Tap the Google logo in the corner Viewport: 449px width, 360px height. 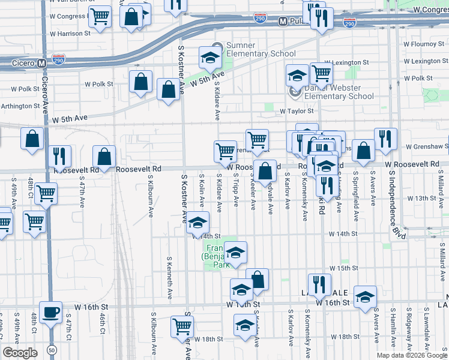pyautogui.click(x=20, y=352)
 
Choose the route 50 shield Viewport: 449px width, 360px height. pyautogui.click(x=53, y=349)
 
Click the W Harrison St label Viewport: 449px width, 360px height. pyautogui.click(x=70, y=34)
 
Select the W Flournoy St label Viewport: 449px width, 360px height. pyautogui.click(x=423, y=44)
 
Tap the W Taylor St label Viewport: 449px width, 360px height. pyautogui.click(x=297, y=112)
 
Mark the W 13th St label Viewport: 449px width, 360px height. pyautogui.click(x=420, y=198)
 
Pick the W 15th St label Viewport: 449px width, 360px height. pyautogui.click(x=343, y=268)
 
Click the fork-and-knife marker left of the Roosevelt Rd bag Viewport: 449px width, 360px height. pyautogui.click(x=59, y=156)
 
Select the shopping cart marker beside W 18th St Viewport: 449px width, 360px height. pyautogui.click(x=182, y=327)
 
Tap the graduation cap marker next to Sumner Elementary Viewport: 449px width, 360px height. pyautogui.click(x=211, y=58)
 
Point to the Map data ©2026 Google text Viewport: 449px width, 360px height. pyautogui.click(x=411, y=355)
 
